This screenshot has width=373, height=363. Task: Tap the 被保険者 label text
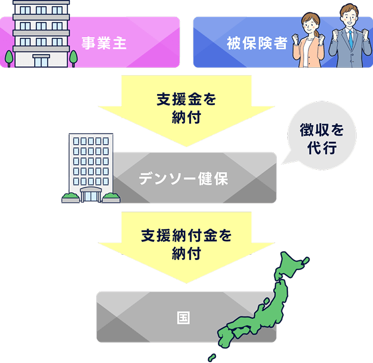(257, 43)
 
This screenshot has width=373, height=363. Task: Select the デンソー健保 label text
(183, 179)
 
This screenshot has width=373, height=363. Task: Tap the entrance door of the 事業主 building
(42, 60)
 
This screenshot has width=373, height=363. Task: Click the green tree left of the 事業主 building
(8, 56)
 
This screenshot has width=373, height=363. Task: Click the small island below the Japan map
(212, 358)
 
